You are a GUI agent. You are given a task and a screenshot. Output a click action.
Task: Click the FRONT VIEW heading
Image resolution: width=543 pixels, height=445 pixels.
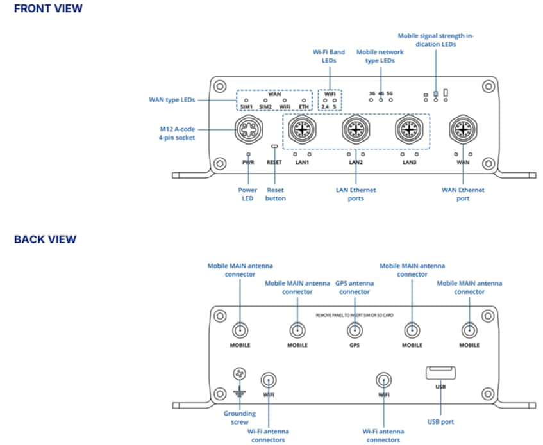click(x=48, y=9)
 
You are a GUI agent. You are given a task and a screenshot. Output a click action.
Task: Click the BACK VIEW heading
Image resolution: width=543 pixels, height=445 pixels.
click(x=45, y=239)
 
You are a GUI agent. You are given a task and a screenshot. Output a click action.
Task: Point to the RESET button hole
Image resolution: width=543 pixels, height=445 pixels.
click(x=274, y=147)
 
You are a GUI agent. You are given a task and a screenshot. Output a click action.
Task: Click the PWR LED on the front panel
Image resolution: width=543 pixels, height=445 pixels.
click(x=248, y=154)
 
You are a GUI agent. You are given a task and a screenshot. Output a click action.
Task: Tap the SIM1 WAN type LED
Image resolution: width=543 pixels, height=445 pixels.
click(x=247, y=101)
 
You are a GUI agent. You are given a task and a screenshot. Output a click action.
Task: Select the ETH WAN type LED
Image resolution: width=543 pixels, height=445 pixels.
click(x=303, y=101)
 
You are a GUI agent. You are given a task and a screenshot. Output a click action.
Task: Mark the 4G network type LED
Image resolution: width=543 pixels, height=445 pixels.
click(x=381, y=100)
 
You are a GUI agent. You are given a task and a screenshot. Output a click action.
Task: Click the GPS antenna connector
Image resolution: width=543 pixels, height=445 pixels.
click(x=355, y=330)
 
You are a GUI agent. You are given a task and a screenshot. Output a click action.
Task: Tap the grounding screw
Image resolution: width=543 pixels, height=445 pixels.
click(x=239, y=374)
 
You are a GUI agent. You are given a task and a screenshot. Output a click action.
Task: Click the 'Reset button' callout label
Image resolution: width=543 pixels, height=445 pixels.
click(x=275, y=194)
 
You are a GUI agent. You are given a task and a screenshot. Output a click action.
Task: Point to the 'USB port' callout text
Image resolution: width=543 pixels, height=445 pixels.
click(x=441, y=421)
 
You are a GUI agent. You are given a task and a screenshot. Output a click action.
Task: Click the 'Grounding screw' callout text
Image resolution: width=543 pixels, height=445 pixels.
click(x=239, y=417)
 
